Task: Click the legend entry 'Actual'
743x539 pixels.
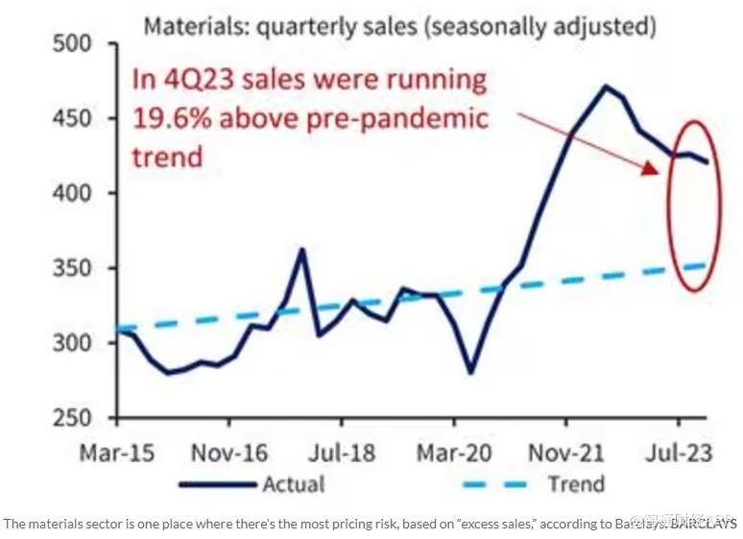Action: [294, 483]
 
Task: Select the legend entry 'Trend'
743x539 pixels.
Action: [575, 483]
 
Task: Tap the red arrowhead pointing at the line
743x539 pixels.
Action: [650, 168]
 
